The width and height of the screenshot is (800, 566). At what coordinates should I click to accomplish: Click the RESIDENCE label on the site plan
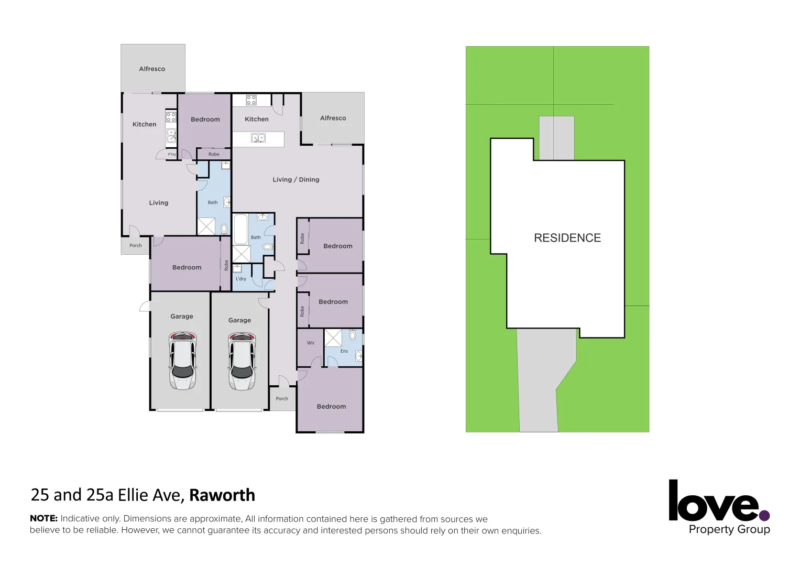[x=567, y=238]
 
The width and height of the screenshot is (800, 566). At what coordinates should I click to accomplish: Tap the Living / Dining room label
[x=295, y=180]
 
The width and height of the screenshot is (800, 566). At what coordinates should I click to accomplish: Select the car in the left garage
[x=182, y=361]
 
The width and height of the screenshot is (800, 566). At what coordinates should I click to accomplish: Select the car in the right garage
[x=242, y=362]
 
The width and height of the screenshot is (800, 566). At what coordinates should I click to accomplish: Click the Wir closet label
[x=311, y=343]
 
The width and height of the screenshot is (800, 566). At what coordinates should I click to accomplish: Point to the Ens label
[x=344, y=351]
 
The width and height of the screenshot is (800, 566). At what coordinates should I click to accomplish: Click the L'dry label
[x=240, y=279]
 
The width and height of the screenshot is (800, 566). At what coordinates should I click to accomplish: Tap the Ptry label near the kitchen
[x=172, y=155]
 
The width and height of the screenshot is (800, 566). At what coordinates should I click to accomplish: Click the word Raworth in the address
[x=222, y=495]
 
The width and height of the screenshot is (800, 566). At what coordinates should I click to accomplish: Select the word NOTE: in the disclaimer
[x=43, y=518]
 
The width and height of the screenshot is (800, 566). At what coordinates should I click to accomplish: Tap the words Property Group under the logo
[x=729, y=529]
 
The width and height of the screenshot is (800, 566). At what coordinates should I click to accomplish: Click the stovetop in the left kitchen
[x=171, y=117]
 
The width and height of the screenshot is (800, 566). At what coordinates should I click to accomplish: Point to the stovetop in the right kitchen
[x=251, y=100]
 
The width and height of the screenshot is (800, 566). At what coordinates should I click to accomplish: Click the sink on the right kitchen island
[x=258, y=138]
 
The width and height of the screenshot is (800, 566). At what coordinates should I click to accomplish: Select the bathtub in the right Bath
[x=240, y=229]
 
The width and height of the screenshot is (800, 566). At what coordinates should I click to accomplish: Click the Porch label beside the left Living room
[x=135, y=245]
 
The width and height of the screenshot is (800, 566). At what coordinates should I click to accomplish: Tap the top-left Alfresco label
[x=152, y=69]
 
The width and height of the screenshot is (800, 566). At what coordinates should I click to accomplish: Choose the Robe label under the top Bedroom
[x=214, y=154]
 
